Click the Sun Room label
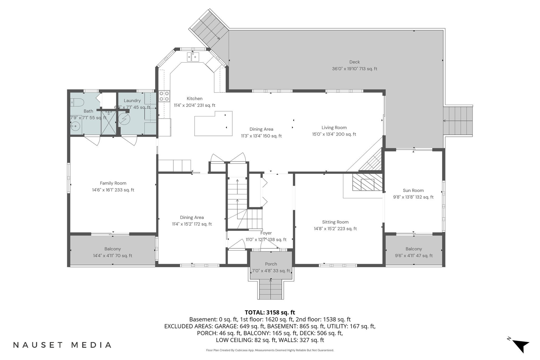coord(413,190)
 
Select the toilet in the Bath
coord(78,102)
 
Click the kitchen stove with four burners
coord(164,96)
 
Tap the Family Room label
coord(113,183)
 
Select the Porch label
coord(271,264)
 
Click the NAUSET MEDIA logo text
coord(62,345)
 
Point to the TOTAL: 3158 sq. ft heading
coord(270,313)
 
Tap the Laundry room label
coord(132,101)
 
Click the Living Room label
coord(334,128)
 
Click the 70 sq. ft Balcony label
coord(112,249)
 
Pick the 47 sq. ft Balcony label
coord(413,249)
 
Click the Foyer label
coord(266,233)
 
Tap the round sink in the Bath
coord(76,126)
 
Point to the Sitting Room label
coord(335,222)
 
